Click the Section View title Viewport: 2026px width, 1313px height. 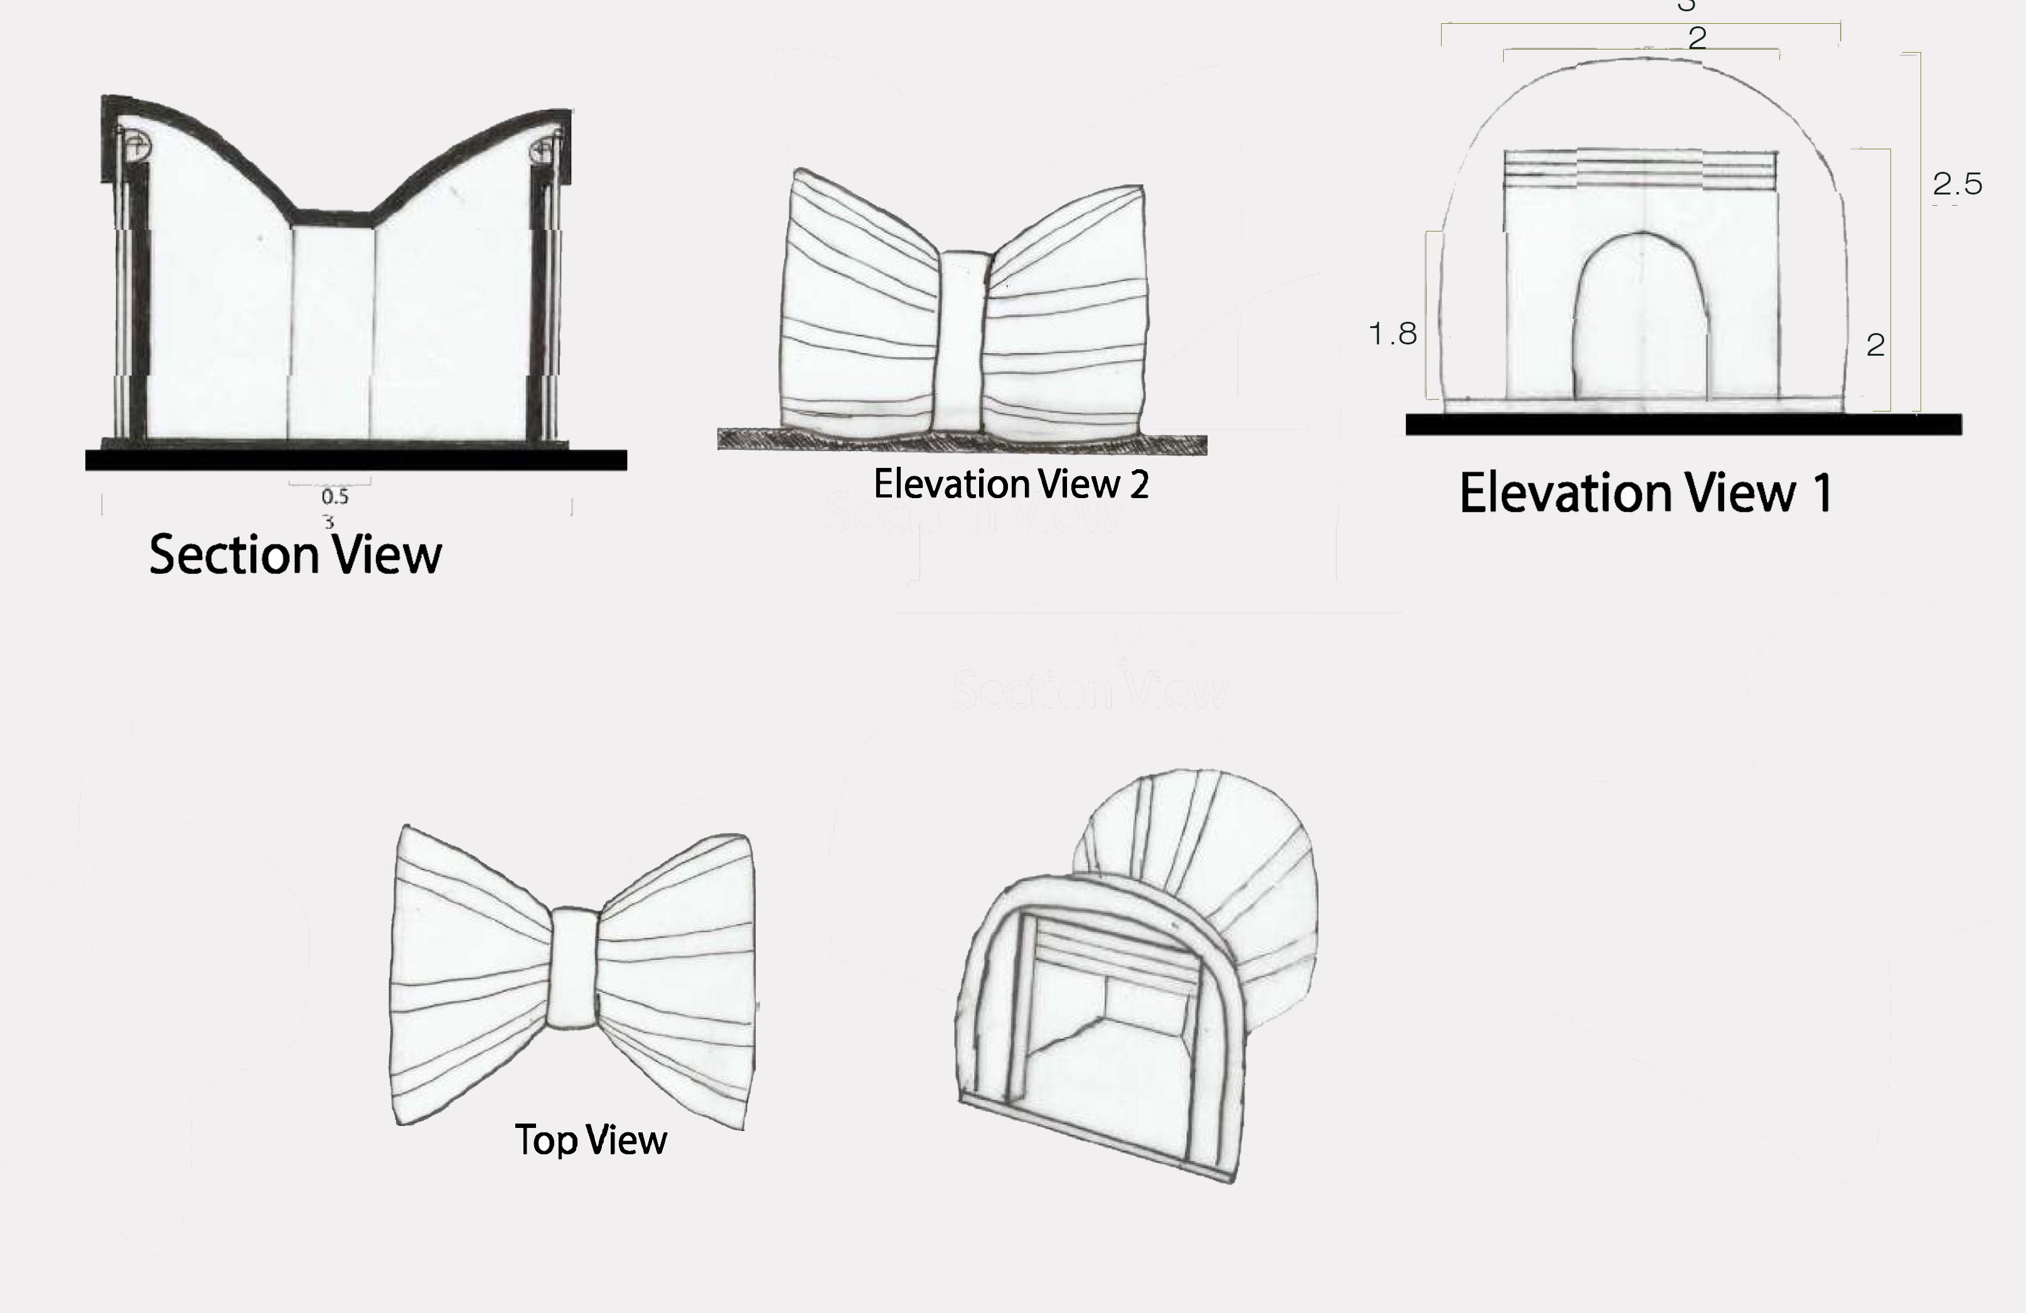296,555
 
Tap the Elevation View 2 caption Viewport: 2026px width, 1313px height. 1011,484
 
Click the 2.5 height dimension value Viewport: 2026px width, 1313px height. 1957,184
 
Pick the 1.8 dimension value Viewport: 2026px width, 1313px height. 1393,334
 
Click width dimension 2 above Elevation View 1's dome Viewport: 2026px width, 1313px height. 1696,38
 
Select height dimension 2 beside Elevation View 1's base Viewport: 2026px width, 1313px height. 1875,344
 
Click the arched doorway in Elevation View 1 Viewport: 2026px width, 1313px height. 1641,319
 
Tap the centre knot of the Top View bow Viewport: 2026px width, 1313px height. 573,969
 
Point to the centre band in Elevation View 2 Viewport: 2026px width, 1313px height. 962,341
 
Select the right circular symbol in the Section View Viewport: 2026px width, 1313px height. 542,151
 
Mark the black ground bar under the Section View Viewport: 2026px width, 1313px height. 356,460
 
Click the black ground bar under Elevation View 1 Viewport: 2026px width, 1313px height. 1683,425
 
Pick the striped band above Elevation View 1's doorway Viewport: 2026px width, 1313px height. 1641,169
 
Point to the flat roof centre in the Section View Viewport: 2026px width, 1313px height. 333,219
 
